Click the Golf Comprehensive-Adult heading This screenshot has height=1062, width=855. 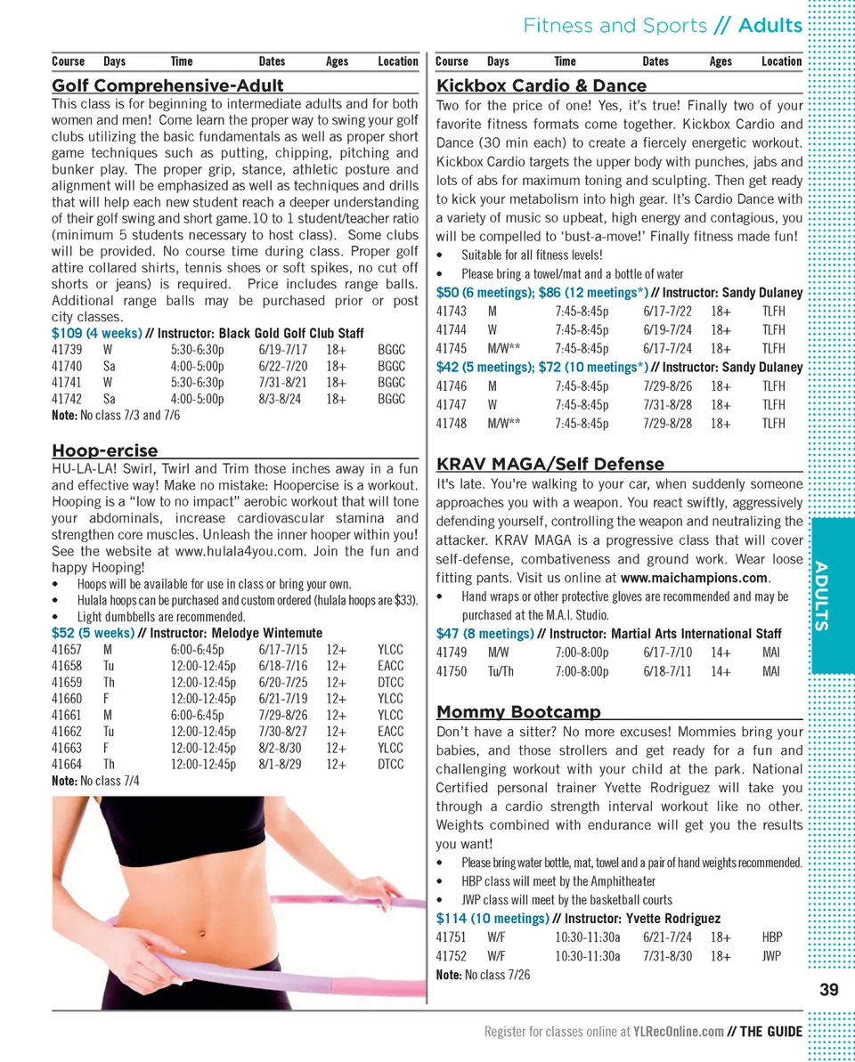167,86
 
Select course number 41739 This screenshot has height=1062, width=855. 67,350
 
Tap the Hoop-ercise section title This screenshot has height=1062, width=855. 104,450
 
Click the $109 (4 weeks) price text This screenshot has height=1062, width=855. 93,333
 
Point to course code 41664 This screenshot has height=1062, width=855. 67,765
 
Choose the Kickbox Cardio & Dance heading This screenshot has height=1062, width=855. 541,86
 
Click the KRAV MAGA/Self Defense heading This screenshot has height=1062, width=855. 550,464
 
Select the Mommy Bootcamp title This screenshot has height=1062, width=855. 518,712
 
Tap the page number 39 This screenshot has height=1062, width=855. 828,990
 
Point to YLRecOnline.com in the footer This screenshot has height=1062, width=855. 679,1032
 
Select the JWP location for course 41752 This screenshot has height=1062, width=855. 771,957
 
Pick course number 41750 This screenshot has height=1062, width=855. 451,672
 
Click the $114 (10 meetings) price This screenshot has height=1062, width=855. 492,919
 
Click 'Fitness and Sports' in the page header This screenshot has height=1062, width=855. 615,26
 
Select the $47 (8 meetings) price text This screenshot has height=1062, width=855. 484,634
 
